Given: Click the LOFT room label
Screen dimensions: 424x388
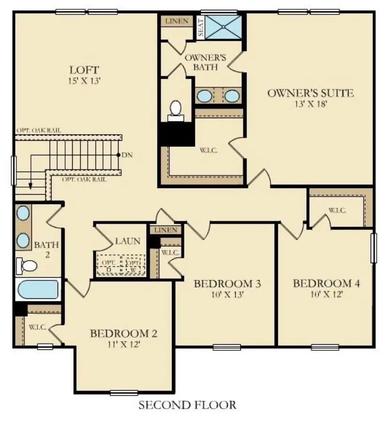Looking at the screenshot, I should (84, 70).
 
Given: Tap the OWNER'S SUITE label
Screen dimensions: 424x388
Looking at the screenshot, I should (310, 93).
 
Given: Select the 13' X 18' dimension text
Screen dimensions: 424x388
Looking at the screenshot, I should (310, 104).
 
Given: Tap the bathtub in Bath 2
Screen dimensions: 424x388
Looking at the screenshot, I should (37, 289).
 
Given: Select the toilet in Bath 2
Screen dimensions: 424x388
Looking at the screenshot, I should (27, 266).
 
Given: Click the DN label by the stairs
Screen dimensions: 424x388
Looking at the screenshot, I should (126, 155).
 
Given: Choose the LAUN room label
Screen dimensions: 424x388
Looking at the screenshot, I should (127, 242).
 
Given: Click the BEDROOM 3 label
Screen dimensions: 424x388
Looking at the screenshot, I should (227, 284).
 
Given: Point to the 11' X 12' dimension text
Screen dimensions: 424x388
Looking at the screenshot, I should (123, 345).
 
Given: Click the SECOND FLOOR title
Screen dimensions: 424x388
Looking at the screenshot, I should (187, 405).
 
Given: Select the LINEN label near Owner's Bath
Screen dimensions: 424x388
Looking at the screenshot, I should (177, 22).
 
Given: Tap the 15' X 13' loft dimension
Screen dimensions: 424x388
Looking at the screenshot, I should (84, 81).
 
